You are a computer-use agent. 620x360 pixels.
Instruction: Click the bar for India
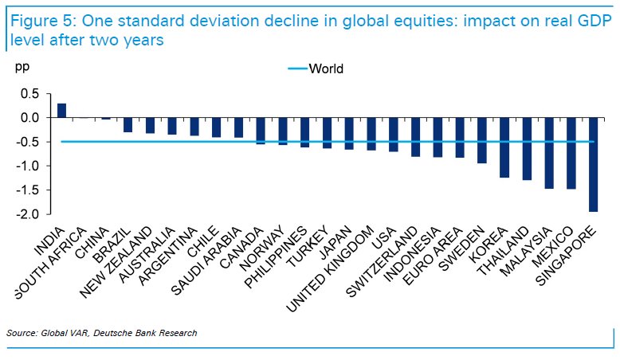tap(61, 111)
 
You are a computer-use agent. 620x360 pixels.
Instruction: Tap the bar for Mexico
tap(571, 153)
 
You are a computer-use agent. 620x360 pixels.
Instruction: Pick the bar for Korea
tap(504, 147)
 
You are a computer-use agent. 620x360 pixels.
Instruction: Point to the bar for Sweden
tap(482, 140)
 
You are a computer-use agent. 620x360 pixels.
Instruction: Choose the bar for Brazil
tap(128, 125)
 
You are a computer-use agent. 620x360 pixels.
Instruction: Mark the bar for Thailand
tap(527, 149)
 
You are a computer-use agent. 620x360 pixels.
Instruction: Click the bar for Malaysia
tap(548, 153)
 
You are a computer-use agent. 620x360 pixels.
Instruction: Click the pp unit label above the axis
tap(22, 67)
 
